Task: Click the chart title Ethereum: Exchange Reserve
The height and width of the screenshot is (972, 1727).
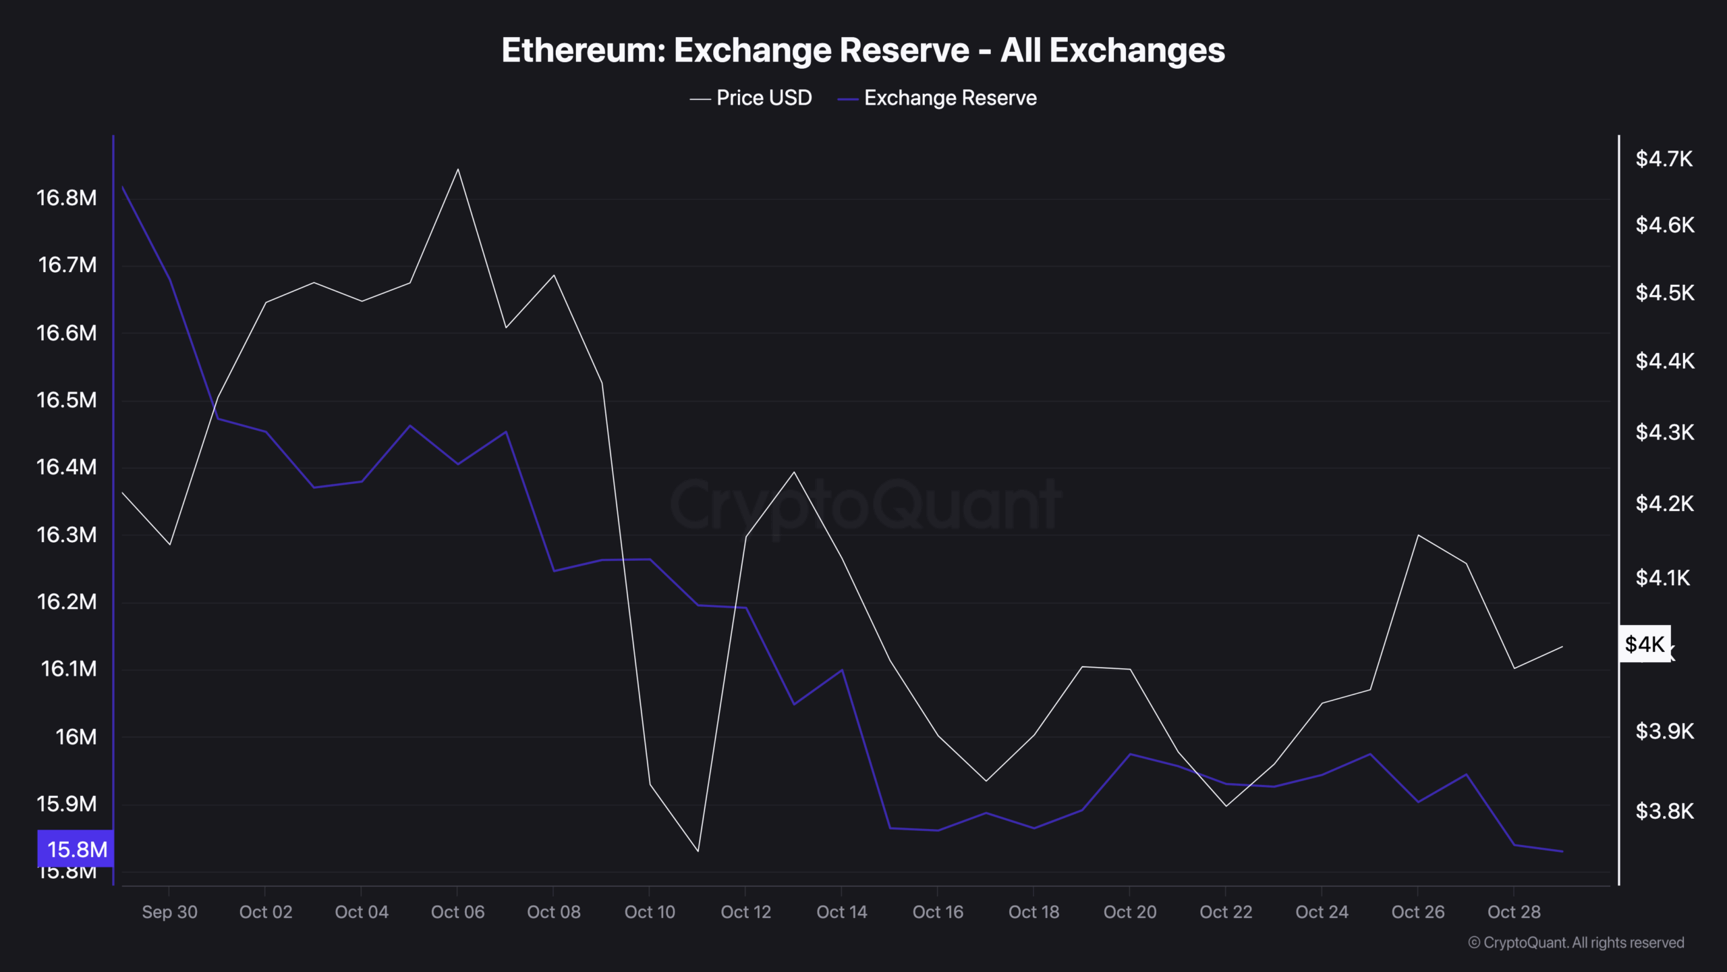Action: (863, 51)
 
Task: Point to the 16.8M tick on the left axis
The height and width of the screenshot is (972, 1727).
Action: (66, 198)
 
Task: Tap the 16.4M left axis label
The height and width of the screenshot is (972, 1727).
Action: (66, 467)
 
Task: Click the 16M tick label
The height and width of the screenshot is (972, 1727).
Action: (76, 737)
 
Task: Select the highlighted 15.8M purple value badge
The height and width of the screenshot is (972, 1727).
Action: (76, 849)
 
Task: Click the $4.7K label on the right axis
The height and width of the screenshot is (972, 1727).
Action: (1664, 159)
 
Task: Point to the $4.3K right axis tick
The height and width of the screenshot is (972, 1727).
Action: (1664, 432)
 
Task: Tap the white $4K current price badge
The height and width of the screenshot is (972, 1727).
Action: (1645, 645)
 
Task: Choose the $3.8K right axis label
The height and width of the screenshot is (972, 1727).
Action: (1664, 811)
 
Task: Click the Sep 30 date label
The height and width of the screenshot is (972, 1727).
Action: (169, 913)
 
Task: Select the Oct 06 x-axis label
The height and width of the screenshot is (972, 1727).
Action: (457, 913)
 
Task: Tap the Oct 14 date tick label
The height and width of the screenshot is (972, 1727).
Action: (841, 913)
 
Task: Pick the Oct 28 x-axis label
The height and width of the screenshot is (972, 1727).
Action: (1514, 913)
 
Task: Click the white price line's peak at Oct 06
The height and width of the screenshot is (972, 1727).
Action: (458, 169)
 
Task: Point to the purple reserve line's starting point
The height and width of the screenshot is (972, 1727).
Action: (122, 187)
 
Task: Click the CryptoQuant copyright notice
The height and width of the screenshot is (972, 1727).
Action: (1576, 943)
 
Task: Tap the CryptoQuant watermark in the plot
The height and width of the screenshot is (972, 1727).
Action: (865, 505)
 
